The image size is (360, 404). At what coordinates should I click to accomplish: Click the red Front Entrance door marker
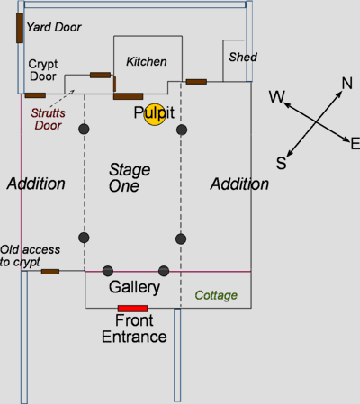click(x=133, y=309)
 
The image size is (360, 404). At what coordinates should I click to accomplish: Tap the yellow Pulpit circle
click(x=155, y=114)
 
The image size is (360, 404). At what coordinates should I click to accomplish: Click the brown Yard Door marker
click(x=20, y=28)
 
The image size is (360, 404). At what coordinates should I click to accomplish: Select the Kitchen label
click(x=147, y=61)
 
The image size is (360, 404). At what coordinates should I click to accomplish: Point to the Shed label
click(x=243, y=57)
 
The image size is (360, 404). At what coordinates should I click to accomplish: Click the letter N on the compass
click(x=347, y=83)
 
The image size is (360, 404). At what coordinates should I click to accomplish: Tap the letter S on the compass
click(x=282, y=163)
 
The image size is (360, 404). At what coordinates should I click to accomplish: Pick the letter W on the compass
click(x=276, y=97)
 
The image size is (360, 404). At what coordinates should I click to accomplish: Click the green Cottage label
click(x=216, y=295)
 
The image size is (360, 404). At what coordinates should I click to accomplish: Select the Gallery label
click(x=134, y=287)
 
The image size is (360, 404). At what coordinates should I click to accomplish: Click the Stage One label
click(x=130, y=178)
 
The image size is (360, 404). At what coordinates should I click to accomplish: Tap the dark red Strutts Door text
click(x=48, y=119)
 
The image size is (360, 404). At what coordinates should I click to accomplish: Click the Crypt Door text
click(x=43, y=70)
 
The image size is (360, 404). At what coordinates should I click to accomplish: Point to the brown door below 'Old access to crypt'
click(x=50, y=272)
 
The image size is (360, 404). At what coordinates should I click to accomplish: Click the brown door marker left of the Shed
click(x=196, y=82)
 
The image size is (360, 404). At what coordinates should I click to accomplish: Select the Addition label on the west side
click(x=36, y=184)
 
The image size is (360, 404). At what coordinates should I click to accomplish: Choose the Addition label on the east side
click(x=239, y=184)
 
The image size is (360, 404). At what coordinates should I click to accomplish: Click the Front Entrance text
click(x=134, y=328)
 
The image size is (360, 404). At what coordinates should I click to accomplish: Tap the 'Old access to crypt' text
click(x=30, y=256)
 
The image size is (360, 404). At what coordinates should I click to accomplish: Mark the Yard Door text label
click(x=54, y=27)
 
